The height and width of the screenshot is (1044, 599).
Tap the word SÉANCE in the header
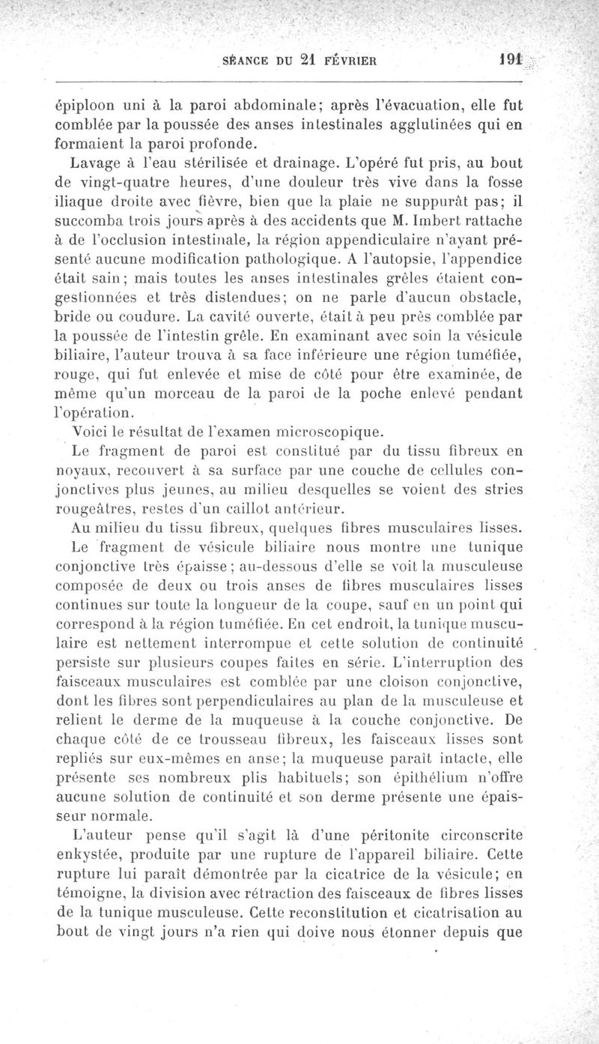(248, 61)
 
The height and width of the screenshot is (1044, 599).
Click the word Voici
(90, 432)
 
